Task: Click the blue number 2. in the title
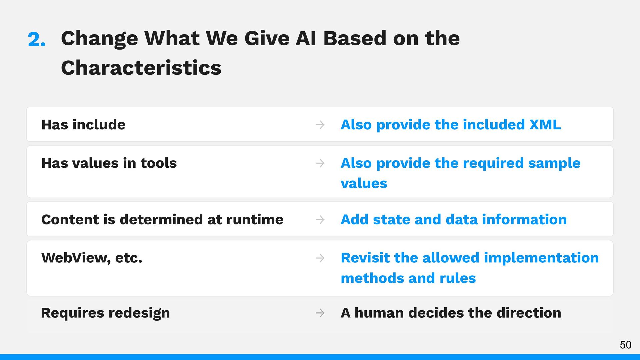click(37, 39)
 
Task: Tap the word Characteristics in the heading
click(141, 68)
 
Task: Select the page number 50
click(625, 345)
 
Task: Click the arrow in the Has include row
click(320, 125)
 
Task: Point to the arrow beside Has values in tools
click(320, 163)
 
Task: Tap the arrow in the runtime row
click(320, 219)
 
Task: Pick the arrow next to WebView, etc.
click(320, 258)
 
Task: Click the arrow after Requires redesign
click(320, 313)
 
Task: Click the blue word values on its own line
click(364, 183)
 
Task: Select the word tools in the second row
click(158, 163)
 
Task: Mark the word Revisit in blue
click(365, 258)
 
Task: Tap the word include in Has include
click(99, 125)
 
